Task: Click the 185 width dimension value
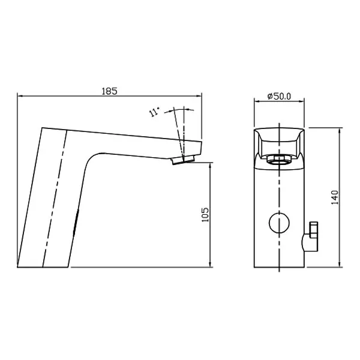point(109,91)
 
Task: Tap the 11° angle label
point(155,112)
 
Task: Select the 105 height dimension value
point(205,215)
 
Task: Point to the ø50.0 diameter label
point(279,96)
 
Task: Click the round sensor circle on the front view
point(280,223)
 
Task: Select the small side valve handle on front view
point(313,234)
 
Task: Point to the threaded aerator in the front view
point(280,160)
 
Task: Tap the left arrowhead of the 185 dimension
point(20,96)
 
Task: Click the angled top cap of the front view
point(280,138)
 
